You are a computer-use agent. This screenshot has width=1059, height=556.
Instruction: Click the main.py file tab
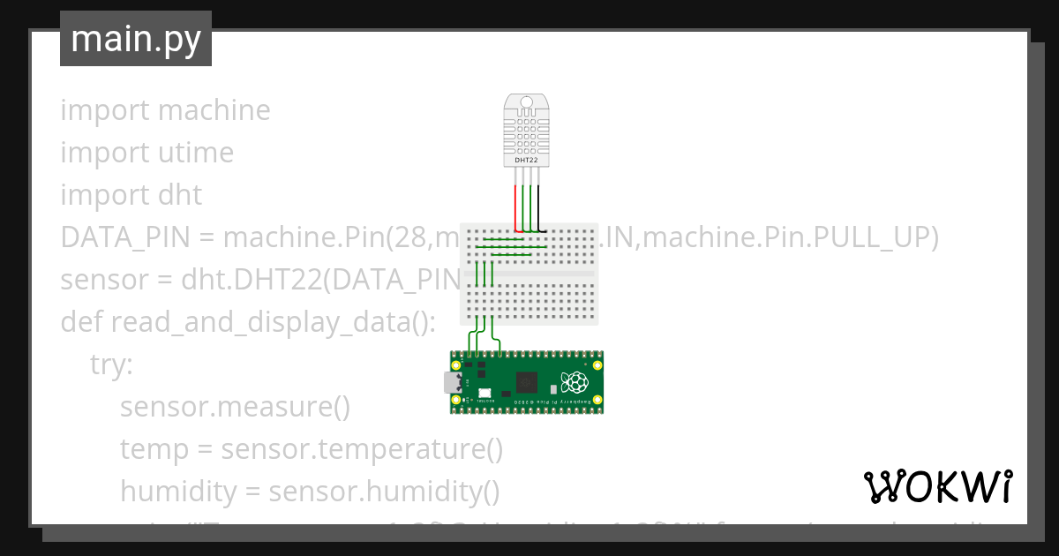point(135,39)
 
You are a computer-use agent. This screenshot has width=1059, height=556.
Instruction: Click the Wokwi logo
point(937,486)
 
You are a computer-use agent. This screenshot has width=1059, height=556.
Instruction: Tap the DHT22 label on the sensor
point(526,161)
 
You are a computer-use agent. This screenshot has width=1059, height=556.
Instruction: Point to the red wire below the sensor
point(515,207)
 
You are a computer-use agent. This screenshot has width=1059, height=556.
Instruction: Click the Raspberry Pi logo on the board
point(576,382)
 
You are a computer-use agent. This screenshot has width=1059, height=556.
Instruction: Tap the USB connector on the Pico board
point(453,382)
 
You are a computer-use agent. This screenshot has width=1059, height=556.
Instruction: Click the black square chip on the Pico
point(528,382)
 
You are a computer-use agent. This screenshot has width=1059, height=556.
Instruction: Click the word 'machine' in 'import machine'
point(214,110)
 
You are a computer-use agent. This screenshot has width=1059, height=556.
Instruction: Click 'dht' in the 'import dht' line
point(179,195)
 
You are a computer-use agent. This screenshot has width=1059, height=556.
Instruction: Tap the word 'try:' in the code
point(111,364)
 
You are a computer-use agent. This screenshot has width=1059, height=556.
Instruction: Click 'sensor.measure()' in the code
point(235,407)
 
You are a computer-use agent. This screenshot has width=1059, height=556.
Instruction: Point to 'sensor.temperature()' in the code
point(362,449)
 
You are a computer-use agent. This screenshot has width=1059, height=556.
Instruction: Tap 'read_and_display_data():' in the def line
point(274,322)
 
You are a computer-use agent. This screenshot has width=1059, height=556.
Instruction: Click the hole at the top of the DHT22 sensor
point(527,102)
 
